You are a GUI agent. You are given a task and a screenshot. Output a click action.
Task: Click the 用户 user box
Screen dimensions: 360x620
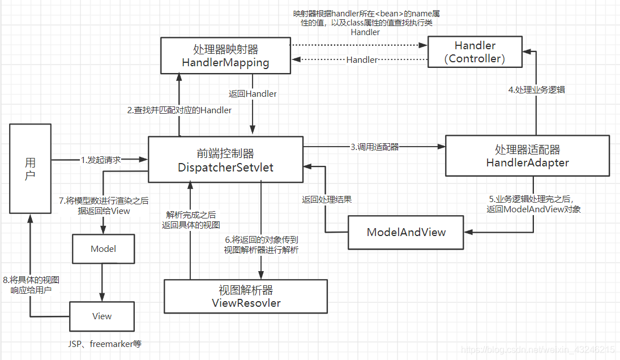point(31,169)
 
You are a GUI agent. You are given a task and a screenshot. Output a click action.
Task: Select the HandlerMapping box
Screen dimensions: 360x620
point(225,55)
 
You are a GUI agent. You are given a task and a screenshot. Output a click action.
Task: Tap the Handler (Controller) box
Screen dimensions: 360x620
point(474,52)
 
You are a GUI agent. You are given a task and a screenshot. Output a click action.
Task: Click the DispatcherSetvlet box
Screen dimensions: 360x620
point(225,160)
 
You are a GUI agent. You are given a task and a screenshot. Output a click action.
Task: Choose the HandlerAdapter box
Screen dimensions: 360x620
point(527,156)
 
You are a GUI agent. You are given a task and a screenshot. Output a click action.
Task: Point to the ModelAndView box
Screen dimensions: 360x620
point(406,232)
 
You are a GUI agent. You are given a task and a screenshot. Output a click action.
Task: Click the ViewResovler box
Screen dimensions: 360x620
point(246,296)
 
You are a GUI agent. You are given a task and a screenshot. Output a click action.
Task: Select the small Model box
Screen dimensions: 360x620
point(104,248)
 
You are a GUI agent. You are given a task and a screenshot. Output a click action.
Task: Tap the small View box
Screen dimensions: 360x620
point(102,316)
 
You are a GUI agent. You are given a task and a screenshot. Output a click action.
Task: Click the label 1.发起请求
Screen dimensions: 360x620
point(101,160)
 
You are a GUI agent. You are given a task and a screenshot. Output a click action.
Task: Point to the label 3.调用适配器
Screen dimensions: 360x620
point(374,147)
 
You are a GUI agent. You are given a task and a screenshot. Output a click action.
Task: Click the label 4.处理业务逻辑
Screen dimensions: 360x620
point(536,89)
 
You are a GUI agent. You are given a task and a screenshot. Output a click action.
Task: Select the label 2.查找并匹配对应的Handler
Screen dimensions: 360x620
point(179,110)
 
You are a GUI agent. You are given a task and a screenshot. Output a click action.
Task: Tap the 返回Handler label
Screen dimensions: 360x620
point(253,94)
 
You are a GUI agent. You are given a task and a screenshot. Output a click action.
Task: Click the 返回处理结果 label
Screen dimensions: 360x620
point(327,199)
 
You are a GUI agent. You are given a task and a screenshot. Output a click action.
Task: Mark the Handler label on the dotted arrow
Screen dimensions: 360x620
point(362,59)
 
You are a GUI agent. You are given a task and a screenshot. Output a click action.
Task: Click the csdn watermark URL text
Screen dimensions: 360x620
point(538,350)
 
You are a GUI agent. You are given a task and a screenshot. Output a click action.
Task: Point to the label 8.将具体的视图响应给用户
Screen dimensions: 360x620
point(31,285)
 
